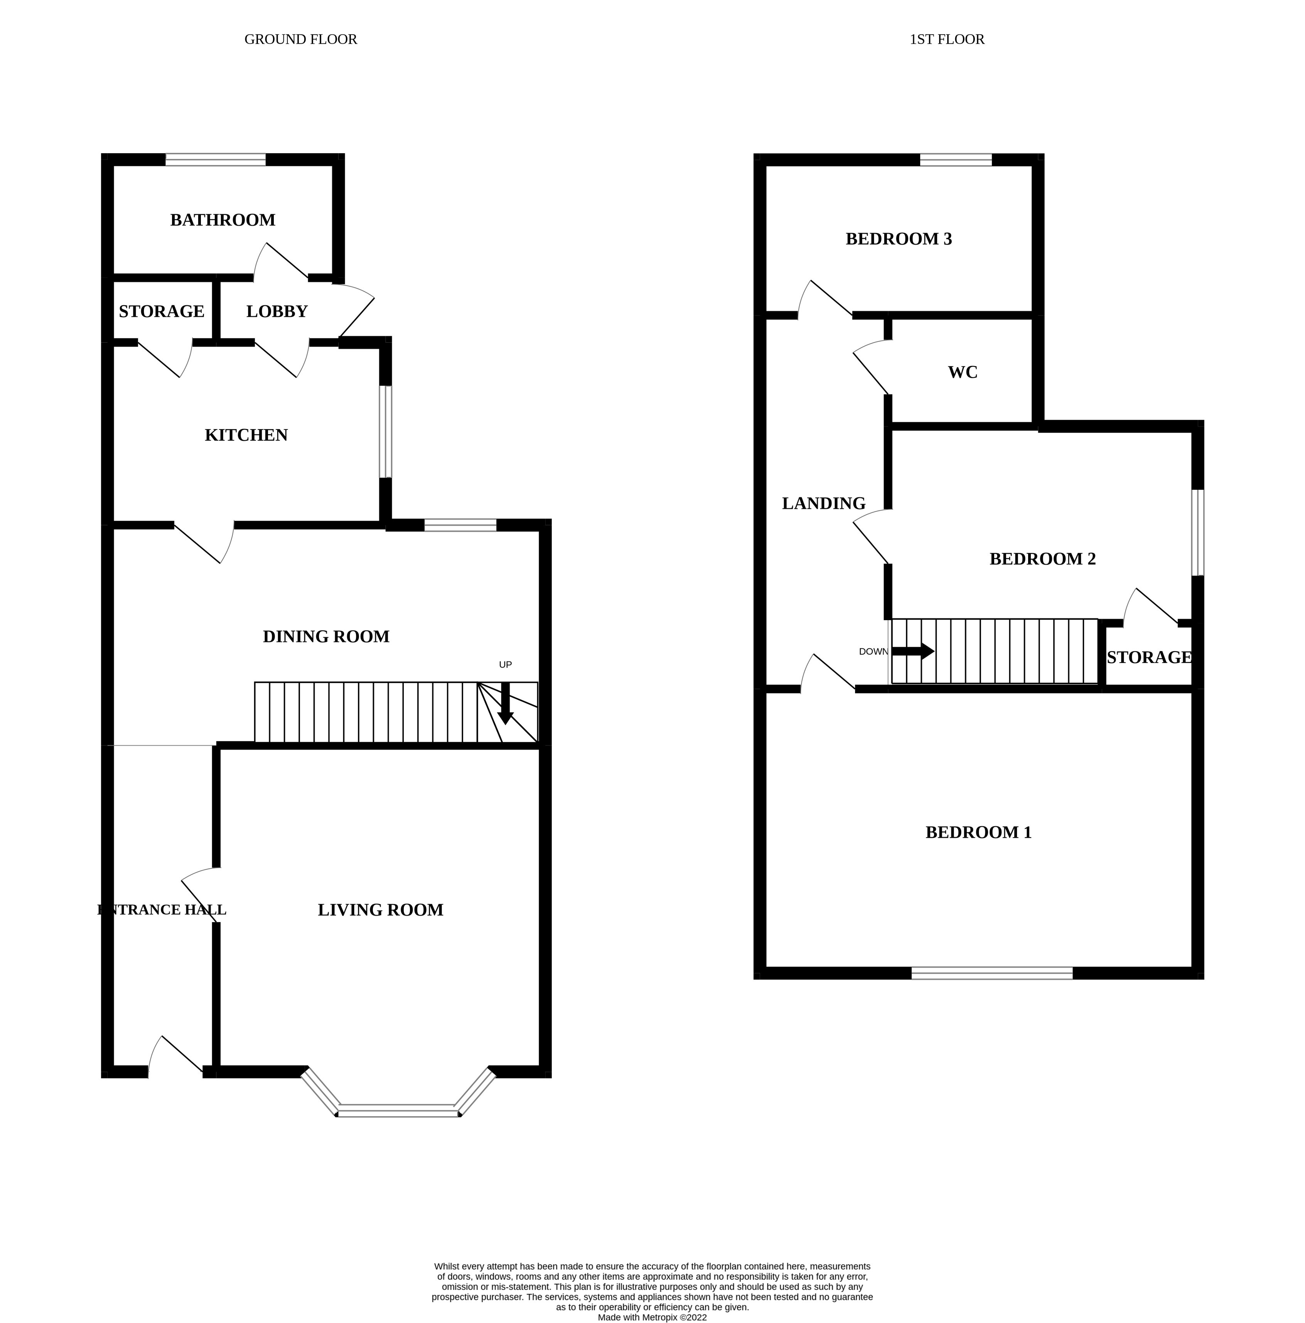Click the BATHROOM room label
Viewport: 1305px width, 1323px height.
point(223,220)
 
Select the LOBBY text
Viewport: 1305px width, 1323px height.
point(277,311)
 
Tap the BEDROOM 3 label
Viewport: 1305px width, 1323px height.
point(899,239)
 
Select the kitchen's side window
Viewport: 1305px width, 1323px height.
point(386,431)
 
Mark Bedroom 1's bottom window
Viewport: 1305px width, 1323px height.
point(991,973)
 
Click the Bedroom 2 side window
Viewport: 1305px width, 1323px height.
point(1197,532)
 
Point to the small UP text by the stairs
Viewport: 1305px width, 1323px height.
point(505,664)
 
